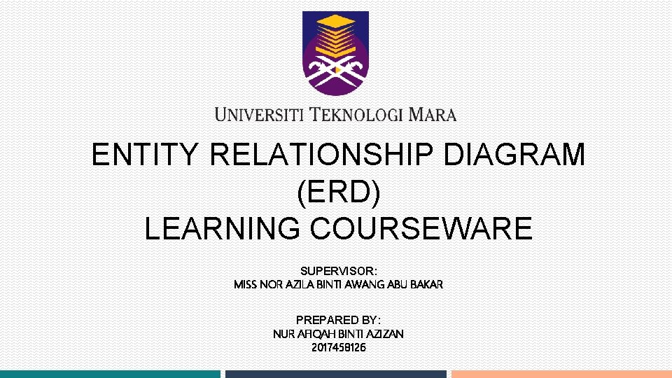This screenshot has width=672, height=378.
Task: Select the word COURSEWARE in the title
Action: (425, 229)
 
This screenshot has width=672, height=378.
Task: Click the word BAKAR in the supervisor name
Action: (426, 285)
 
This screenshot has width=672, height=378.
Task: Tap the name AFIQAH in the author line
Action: (312, 334)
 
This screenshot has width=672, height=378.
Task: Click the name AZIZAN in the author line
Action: (384, 334)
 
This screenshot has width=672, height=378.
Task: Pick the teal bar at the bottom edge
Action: (110, 374)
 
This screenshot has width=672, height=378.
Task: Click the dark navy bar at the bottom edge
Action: (335, 374)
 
